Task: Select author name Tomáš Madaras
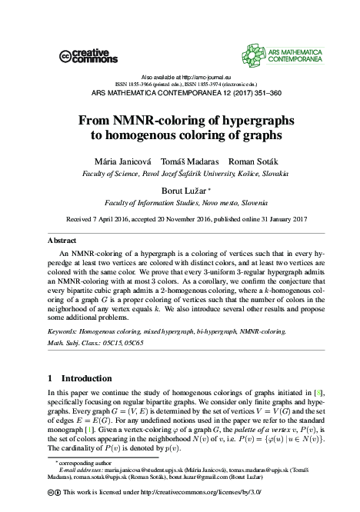(184, 162)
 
